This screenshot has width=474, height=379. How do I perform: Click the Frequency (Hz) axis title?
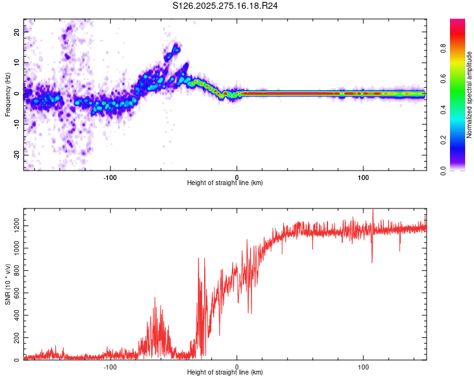pos(7,95)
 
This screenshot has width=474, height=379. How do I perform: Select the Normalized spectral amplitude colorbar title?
pos(469,95)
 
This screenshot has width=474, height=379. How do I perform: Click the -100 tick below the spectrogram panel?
pos(111,176)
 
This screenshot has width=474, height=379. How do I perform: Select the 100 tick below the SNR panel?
pos(363,366)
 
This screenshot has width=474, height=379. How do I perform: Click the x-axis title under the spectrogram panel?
pos(226,183)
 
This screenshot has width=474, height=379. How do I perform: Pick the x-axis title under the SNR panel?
pos(226,373)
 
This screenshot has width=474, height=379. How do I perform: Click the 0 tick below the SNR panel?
pos(237,366)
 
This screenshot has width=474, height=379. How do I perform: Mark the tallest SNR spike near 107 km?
pos(373,210)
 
